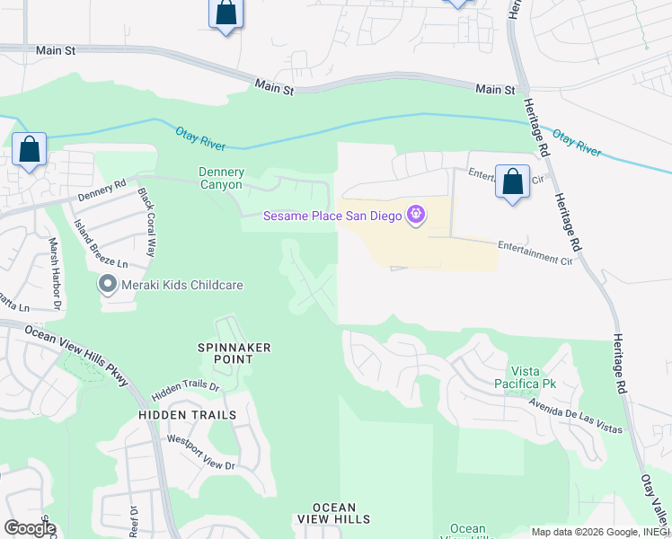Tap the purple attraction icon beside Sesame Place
415,216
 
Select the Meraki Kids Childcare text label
172,286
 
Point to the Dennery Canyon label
221,179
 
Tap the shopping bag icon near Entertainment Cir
512,182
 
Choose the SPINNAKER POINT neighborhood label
234,353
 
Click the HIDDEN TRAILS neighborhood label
187,415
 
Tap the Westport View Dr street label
200,454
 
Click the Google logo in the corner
29,528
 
